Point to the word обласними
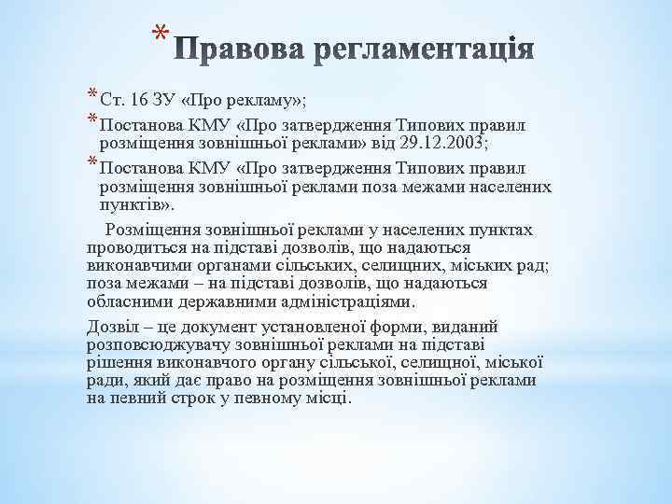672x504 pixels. [x=121, y=301]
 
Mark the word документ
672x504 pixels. [x=219, y=327]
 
